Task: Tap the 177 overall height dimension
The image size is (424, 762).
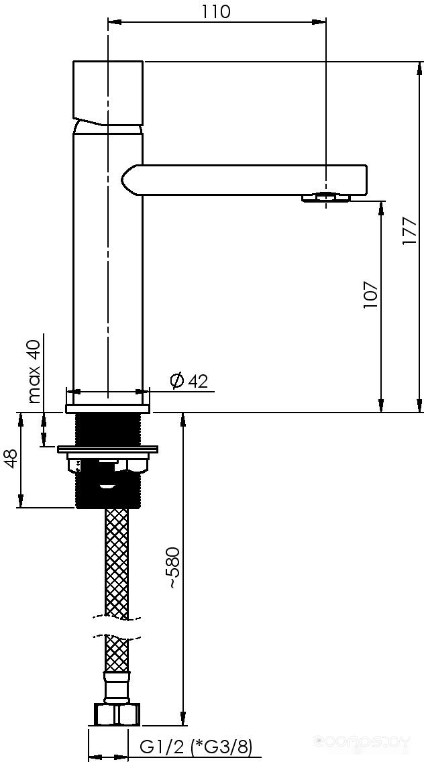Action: [x=410, y=231]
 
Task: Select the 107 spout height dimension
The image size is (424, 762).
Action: [x=370, y=294]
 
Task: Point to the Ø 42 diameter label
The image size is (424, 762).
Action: [x=189, y=380]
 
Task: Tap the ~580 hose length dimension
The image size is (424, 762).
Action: [x=174, y=568]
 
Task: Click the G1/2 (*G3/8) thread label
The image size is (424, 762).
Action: [x=196, y=747]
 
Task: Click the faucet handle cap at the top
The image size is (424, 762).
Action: [x=108, y=93]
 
